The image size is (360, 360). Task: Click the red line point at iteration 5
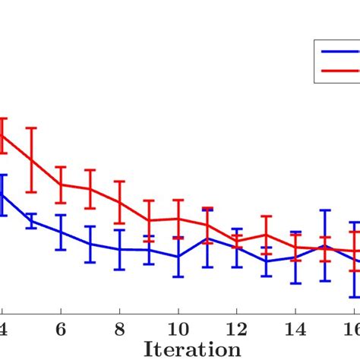[x=31, y=159]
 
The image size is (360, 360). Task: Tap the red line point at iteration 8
[x=119, y=202]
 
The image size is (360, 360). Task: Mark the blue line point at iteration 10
[x=178, y=257]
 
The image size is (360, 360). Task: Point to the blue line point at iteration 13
[x=266, y=261]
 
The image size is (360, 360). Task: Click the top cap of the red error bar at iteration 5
[x=31, y=128]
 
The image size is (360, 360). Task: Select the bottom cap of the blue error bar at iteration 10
[x=178, y=276]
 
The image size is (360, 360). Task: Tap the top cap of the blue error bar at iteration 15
[x=324, y=210]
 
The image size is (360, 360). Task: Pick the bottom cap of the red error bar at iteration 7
[x=90, y=209]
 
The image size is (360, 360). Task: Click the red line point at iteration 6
[x=61, y=185]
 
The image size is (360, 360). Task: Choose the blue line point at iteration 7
[x=90, y=244]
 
